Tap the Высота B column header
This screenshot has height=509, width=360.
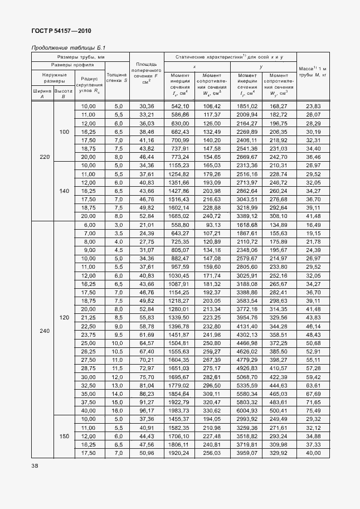pyautogui.click(x=64, y=93)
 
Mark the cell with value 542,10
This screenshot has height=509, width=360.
pyautogui.click(x=180, y=106)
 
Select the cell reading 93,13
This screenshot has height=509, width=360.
pyautogui.click(x=212, y=225)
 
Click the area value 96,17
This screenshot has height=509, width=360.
pyautogui.click(x=147, y=410)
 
